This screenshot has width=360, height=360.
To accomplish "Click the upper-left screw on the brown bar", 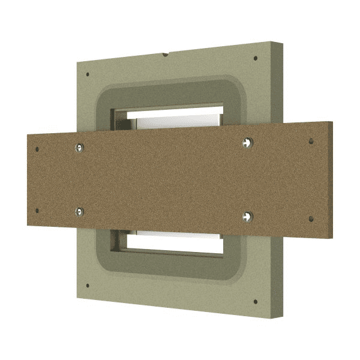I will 80,147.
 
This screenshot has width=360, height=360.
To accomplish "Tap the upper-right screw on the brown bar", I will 248,142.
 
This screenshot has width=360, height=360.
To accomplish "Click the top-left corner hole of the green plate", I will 88,75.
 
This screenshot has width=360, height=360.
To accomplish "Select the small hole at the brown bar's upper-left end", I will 37,149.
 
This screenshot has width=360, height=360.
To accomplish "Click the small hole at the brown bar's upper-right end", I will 310,142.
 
